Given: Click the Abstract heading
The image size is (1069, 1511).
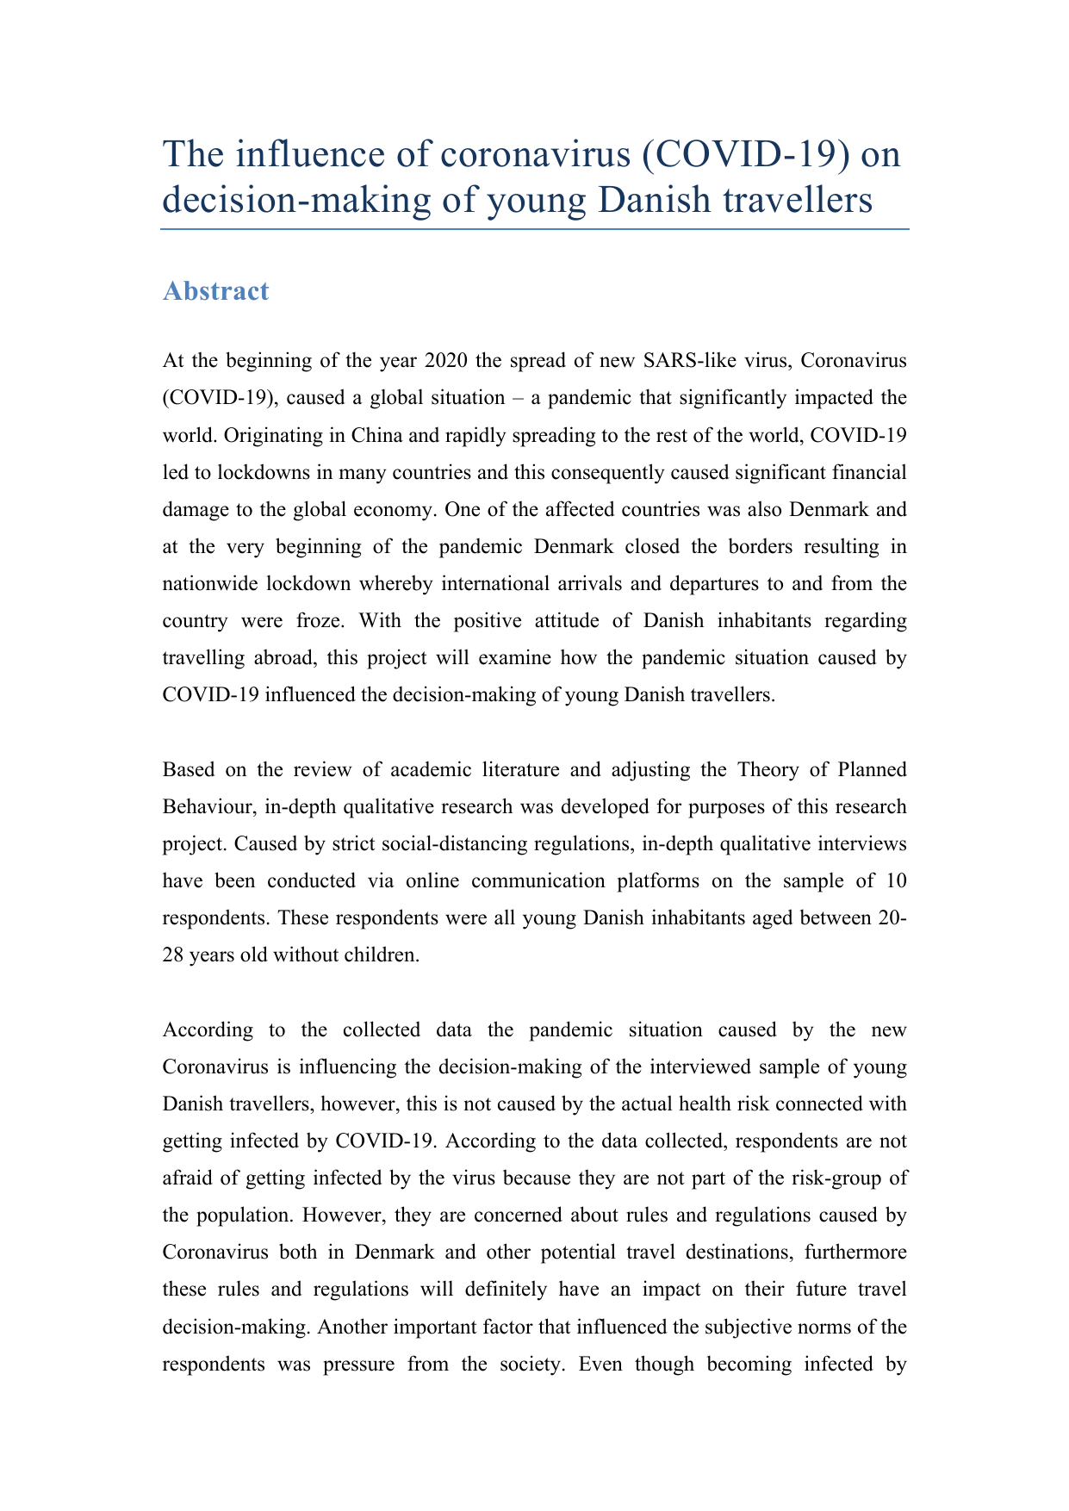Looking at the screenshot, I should [x=215, y=291].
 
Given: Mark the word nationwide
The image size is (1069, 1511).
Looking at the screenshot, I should [x=210, y=583].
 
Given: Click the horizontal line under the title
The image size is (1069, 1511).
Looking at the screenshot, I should [x=534, y=229].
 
